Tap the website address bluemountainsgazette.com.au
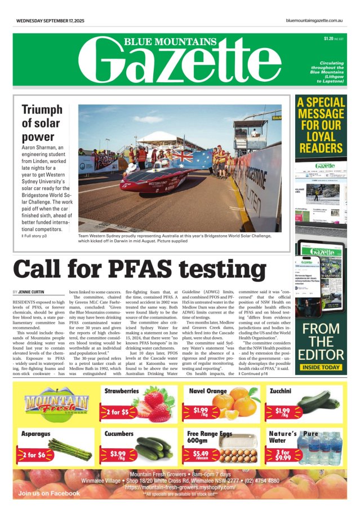314,21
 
